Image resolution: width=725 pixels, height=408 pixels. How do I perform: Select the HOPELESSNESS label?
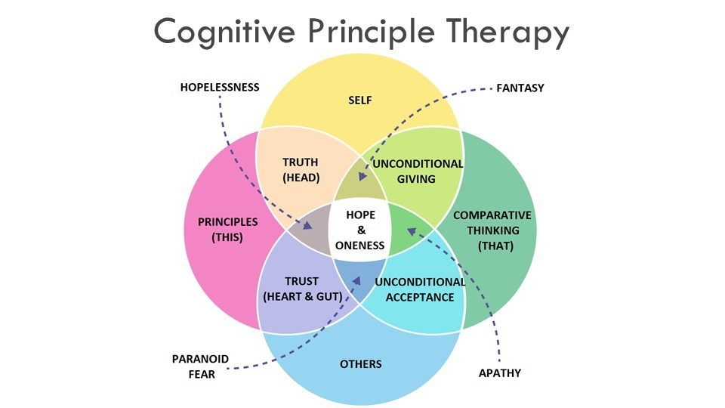pos(220,88)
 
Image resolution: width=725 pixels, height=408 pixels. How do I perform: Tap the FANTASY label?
pos(520,88)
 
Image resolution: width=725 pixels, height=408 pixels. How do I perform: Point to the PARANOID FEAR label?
pos(199,366)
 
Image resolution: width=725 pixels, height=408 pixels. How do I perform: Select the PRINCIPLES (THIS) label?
pos(227,230)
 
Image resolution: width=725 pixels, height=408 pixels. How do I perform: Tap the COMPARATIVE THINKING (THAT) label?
pos(492,230)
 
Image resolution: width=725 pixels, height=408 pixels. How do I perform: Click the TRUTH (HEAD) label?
pos(301,170)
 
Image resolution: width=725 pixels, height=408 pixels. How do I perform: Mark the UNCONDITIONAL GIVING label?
pos(418,172)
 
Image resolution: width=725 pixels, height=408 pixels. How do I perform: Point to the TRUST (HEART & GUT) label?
pos(301,289)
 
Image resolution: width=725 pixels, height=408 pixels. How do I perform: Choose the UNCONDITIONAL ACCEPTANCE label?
pos(420,289)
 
